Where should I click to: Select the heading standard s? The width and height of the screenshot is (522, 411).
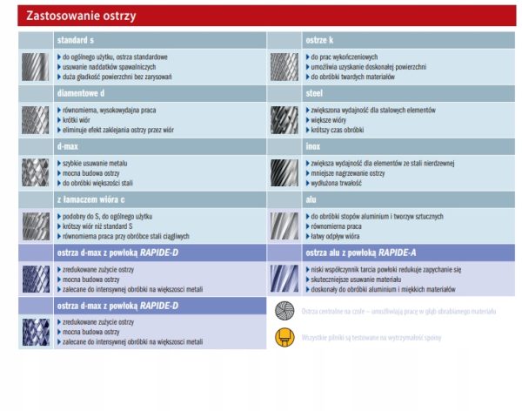coord(77,40)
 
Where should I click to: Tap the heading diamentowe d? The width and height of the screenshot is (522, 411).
coord(81,93)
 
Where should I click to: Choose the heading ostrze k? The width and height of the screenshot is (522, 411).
coord(319,40)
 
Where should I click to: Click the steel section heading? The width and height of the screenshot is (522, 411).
coord(314,93)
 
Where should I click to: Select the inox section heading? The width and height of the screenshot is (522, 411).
coord(313,146)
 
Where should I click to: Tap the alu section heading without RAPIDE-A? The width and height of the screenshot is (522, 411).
coord(311,199)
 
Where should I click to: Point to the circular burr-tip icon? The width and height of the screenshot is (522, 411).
coord(284,311)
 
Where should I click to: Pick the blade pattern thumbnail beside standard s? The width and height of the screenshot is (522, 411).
coord(36,66)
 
